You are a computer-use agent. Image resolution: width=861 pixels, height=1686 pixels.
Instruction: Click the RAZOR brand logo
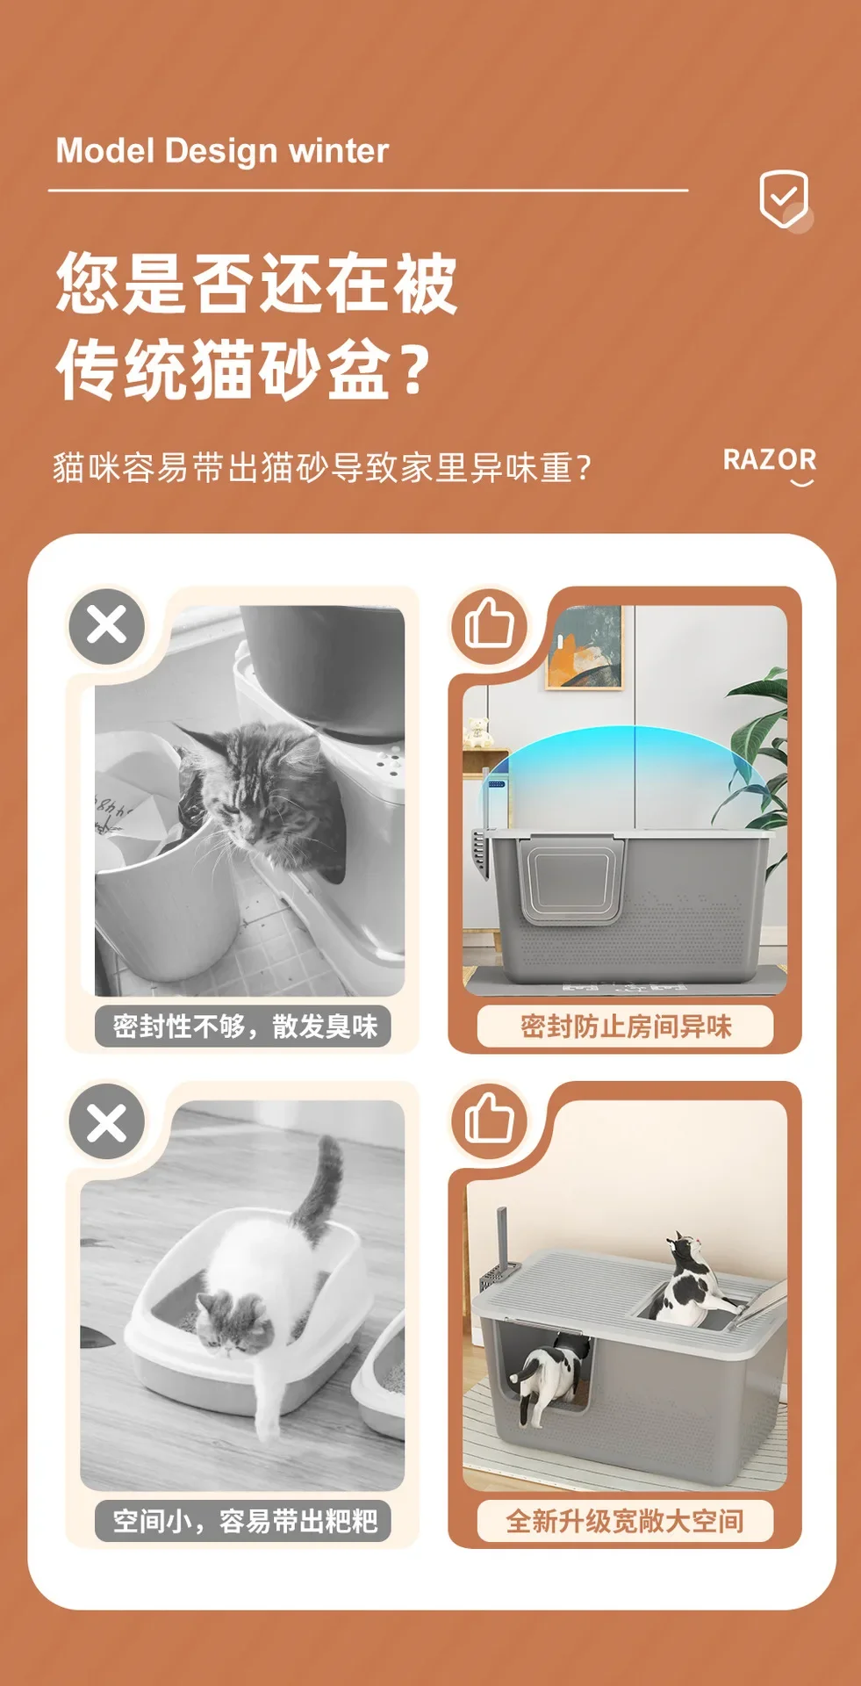coord(770,465)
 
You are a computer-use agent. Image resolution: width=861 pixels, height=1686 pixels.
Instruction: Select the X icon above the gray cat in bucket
coord(107,626)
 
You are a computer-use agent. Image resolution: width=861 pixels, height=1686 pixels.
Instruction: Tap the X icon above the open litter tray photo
coord(107,1121)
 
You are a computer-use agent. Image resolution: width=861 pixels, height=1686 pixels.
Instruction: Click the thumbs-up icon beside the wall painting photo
coord(489,624)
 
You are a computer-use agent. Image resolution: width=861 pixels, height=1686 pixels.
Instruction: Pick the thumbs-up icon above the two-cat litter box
coord(489,1119)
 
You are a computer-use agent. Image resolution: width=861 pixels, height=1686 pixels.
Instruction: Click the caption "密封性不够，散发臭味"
coord(245,1026)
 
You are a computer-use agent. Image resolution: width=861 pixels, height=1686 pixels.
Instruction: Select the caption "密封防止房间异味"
coord(626,1026)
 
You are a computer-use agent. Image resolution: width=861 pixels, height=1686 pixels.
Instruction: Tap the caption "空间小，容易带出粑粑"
coord(245,1520)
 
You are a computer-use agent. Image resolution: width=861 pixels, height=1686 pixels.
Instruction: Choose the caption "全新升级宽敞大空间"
coord(625,1520)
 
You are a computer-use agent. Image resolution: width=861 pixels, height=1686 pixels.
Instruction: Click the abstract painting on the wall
coord(584,648)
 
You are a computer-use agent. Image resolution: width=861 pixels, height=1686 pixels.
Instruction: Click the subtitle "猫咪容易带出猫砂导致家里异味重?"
coord(323,467)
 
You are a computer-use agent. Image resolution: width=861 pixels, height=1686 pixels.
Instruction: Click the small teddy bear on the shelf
coord(477,731)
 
